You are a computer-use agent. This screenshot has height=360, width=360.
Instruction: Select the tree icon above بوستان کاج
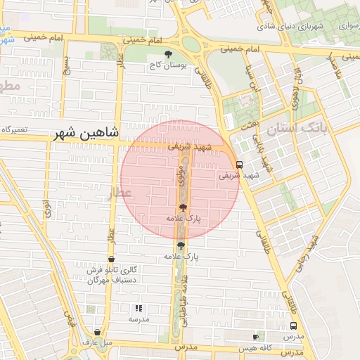(167, 54)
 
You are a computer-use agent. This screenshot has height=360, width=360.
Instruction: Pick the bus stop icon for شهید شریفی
(240, 165)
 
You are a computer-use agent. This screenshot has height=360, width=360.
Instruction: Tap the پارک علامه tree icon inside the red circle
(184, 207)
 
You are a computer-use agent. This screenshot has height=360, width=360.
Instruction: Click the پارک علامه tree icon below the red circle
(181, 245)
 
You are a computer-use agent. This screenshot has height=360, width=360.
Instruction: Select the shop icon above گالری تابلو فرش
(112, 259)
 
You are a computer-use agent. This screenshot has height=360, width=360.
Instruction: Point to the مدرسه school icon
(139, 308)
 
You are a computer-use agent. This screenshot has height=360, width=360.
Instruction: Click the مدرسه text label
(139, 319)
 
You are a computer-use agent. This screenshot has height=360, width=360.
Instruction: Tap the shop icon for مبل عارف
(97, 333)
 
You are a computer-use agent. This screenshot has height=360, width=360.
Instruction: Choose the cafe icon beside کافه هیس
(255, 337)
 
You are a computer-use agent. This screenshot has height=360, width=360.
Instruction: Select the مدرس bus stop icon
(293, 326)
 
